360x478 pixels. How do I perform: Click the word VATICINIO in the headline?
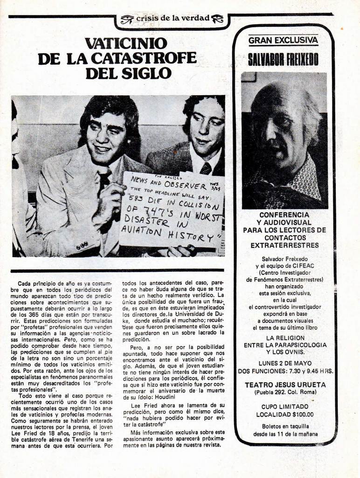[x=126, y=43]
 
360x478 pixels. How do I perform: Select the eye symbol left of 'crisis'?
[x=127, y=19]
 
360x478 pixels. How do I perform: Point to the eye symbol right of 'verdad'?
[x=217, y=19]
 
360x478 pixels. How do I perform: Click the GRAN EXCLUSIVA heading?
[x=283, y=40]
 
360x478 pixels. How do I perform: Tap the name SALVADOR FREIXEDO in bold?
[x=283, y=59]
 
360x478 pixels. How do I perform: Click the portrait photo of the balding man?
[x=284, y=140]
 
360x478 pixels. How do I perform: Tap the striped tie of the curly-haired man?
[x=205, y=168]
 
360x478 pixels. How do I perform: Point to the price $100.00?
[x=303, y=414]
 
